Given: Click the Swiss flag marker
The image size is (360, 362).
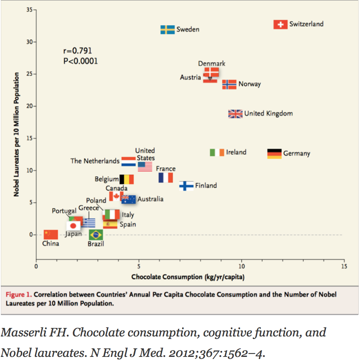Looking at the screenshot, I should (280, 24).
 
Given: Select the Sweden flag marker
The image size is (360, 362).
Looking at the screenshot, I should (167, 30).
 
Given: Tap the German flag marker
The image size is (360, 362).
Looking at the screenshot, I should (274, 154).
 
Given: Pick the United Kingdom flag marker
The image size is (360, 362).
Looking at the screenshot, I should (235, 114).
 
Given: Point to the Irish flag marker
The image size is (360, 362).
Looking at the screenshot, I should (217, 152).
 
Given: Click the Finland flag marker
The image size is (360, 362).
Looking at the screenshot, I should (186, 186).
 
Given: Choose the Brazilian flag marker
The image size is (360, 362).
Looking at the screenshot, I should (96, 235).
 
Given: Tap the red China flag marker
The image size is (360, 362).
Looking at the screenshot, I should (51, 235).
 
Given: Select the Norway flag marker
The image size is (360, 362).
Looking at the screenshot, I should (229, 84).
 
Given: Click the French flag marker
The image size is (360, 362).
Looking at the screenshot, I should (166, 178).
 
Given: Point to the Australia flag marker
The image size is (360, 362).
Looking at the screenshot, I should (129, 199).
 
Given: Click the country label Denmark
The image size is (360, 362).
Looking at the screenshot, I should (211, 64).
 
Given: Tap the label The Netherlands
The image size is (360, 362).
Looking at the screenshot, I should (95, 161).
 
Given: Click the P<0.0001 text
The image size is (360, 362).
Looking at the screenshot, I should (80, 61).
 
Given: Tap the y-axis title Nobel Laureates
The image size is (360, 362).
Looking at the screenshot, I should (17, 134).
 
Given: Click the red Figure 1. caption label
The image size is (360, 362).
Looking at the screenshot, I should (19, 294).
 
